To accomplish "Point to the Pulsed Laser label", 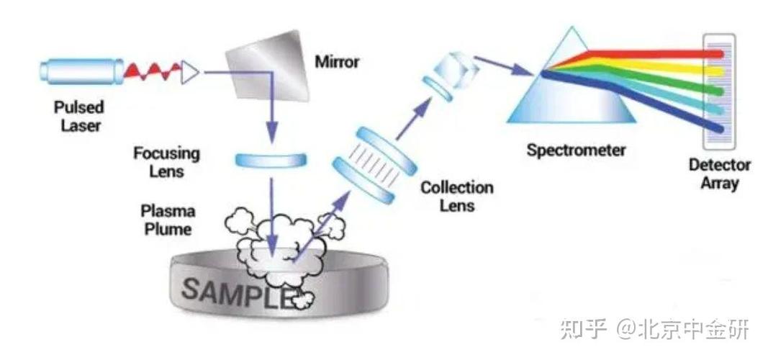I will (78, 117).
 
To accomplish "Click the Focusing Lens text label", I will (167, 163).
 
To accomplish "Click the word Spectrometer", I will (576, 150).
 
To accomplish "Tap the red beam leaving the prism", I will (662, 53).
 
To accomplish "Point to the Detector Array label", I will (720, 174).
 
